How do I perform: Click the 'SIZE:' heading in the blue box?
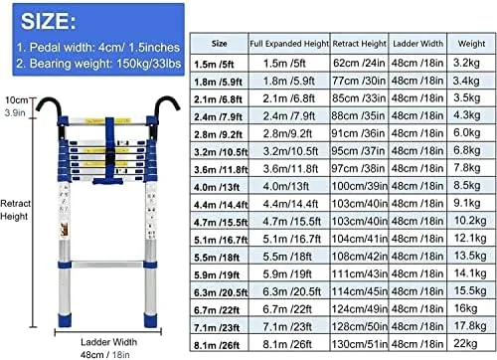click(49, 21)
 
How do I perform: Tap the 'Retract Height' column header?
click(359, 44)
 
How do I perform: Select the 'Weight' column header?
click(471, 44)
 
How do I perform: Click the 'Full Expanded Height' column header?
click(289, 44)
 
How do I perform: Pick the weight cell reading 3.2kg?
click(466, 63)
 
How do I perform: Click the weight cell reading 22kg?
click(465, 343)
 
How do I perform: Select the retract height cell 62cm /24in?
click(359, 63)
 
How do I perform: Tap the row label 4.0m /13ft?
click(217, 187)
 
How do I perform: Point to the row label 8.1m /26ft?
click(217, 345)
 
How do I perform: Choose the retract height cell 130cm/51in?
click(360, 344)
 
